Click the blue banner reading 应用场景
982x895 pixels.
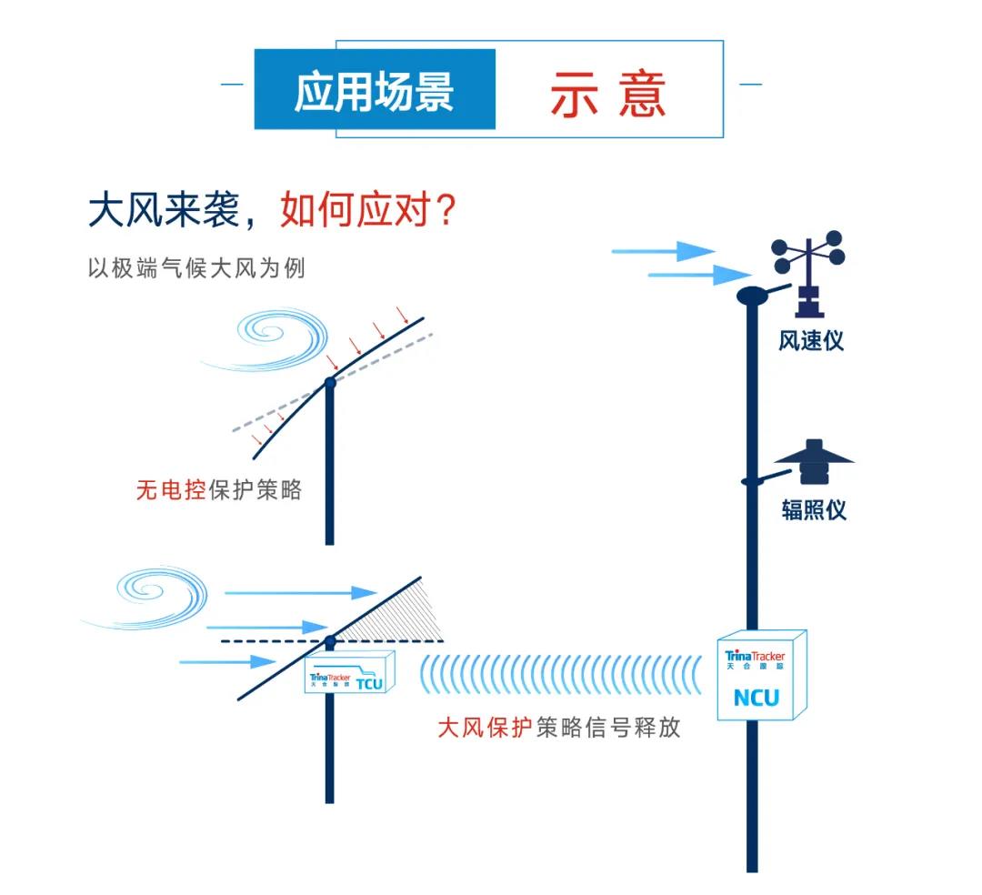point(374,90)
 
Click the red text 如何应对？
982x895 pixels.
point(368,211)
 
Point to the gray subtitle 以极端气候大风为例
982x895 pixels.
point(195,269)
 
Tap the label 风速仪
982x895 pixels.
point(811,340)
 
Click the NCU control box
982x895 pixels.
point(762,678)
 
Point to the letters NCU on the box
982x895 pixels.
point(757,699)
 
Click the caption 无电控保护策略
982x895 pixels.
point(218,491)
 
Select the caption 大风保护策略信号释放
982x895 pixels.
point(558,729)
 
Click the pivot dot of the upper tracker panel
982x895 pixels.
point(330,383)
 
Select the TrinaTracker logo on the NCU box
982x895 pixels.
point(755,657)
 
